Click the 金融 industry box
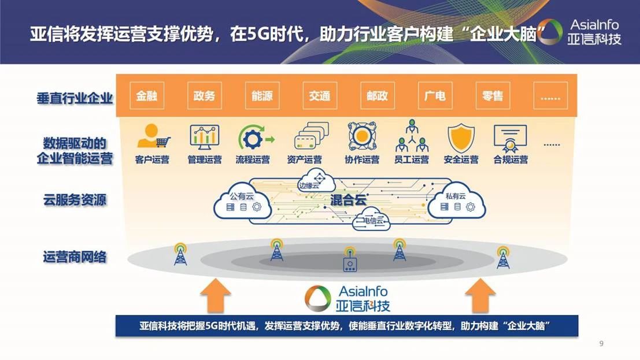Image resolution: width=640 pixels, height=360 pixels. (x=147, y=96)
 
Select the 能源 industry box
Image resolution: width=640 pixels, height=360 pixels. (x=262, y=96)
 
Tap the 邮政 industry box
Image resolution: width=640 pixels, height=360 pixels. (x=377, y=96)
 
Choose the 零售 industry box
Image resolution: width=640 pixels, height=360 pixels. (x=493, y=96)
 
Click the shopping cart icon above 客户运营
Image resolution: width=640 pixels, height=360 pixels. (x=153, y=136)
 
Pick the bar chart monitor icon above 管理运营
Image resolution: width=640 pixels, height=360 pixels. (x=205, y=137)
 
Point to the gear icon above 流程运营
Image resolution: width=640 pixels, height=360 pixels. (x=253, y=138)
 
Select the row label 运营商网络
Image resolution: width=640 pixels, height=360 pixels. (x=75, y=257)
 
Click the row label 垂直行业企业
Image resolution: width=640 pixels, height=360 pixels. (x=75, y=98)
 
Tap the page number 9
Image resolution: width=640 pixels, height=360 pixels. (x=601, y=344)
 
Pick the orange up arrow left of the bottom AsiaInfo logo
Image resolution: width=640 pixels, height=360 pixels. (x=215, y=295)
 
